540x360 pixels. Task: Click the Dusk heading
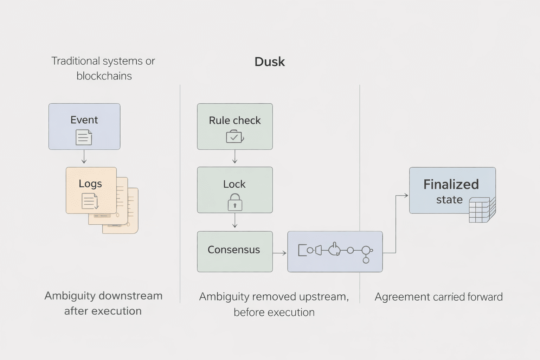coord(270,62)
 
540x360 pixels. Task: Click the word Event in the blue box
coord(84,120)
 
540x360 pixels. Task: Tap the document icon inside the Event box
coord(84,137)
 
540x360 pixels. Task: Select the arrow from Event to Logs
coord(84,157)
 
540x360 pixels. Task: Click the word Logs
coord(90,184)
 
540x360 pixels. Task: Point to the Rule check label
coord(234,121)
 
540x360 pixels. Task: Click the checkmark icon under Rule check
coord(234,137)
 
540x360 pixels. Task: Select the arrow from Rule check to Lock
coord(235,157)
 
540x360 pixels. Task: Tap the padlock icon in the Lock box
coord(235,202)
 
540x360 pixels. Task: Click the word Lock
coord(234,184)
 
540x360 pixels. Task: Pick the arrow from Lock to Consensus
coord(235,221)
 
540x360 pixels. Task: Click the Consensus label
coord(234,250)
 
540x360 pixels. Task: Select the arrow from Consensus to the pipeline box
coord(280,253)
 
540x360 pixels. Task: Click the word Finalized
coord(451,185)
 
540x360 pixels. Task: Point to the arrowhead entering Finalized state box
coord(406,195)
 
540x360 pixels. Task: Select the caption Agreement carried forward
coord(438,297)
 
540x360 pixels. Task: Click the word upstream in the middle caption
coord(323,297)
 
